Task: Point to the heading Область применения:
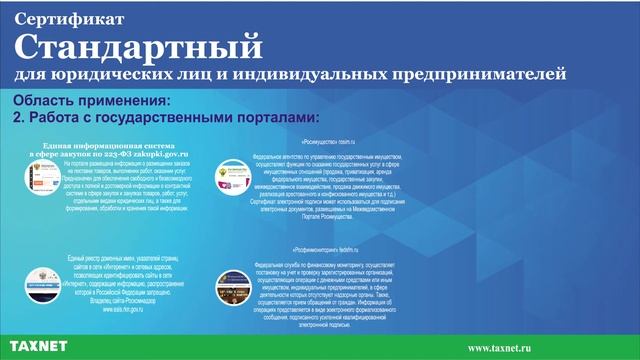pos(92,101)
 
